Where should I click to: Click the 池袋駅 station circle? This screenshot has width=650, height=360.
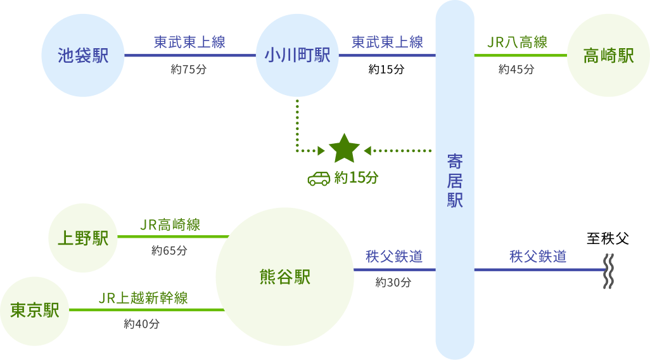tap(83, 55)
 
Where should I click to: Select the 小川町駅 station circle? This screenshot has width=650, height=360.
tap(297, 55)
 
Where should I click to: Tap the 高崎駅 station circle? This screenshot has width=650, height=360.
tap(608, 55)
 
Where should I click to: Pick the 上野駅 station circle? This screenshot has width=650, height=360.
tap(83, 238)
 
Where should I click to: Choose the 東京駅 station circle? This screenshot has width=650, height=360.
tap(35, 310)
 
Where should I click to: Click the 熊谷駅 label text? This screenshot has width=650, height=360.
tap(284, 277)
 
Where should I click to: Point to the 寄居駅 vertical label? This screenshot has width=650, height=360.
tap(455, 181)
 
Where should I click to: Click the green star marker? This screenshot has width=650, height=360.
tap(345, 149)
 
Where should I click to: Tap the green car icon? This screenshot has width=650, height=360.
tap(319, 178)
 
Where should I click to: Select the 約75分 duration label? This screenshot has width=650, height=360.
tap(188, 70)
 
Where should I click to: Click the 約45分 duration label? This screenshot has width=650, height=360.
tap(516, 70)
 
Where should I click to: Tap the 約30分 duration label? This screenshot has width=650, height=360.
tap(393, 282)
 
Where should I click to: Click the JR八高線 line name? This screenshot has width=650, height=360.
tap(518, 42)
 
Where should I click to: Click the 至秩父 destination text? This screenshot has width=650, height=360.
tap(608, 239)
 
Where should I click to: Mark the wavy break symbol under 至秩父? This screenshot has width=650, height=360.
tap(609, 271)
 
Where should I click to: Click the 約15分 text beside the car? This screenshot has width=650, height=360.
tap(356, 178)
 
